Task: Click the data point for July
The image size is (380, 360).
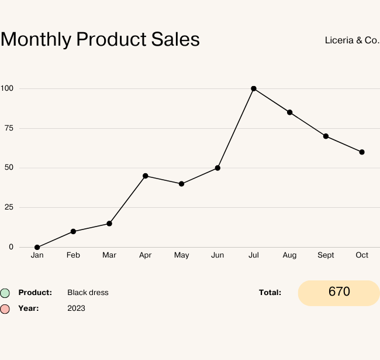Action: tap(254, 88)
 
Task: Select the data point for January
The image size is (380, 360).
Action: tap(37, 247)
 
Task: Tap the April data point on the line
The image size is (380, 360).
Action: tap(146, 176)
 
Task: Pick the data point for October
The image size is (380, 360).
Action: tap(362, 152)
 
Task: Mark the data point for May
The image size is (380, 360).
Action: tap(181, 184)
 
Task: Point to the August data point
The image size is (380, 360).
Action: tap(289, 112)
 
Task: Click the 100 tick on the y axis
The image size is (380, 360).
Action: tap(7, 88)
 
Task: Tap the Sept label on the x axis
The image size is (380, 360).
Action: tap(326, 255)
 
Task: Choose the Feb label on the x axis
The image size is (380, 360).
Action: tap(73, 255)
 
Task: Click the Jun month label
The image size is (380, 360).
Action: tap(217, 255)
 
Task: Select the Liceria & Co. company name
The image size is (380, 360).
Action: tap(352, 40)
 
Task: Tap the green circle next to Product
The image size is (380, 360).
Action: tap(5, 293)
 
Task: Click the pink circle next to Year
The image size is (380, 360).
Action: tap(5, 308)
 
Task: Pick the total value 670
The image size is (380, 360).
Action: tap(339, 292)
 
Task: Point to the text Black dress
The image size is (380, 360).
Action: tap(88, 293)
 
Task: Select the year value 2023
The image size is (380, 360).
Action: tap(76, 308)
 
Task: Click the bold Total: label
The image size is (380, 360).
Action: tap(270, 293)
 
